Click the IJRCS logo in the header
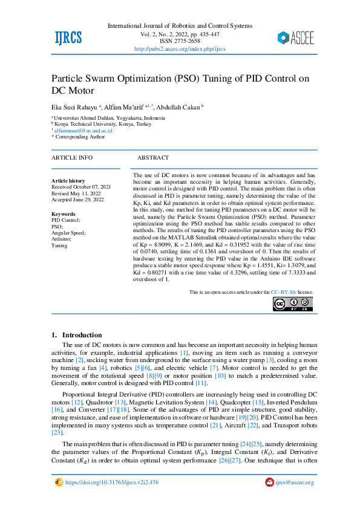tap(68, 38)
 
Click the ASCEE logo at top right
tap(296, 38)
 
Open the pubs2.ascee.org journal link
tap(179, 49)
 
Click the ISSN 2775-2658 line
tap(179, 41)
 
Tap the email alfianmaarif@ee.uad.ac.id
tap(83, 130)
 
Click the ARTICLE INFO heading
tap(72, 157)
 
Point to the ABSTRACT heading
tap(153, 157)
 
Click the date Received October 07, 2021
tap(81, 187)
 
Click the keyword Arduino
tap(62, 239)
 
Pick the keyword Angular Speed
tap(68, 233)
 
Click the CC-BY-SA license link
tap(283, 292)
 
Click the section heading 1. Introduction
tap(77, 335)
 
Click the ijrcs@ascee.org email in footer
tap(294, 482)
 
